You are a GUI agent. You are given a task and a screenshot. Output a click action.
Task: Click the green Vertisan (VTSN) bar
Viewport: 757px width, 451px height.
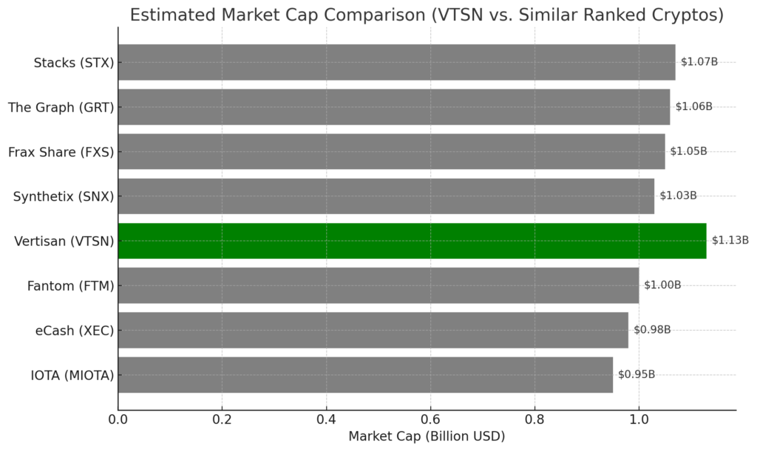click(413, 241)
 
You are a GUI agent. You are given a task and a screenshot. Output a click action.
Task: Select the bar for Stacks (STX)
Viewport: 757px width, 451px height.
click(397, 62)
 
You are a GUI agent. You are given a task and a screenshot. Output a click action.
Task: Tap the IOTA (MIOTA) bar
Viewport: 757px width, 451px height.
click(365, 375)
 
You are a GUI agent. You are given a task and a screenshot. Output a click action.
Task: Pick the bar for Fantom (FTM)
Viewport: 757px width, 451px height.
click(378, 286)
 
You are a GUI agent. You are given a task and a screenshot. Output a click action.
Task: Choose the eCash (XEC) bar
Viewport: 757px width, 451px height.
click(373, 330)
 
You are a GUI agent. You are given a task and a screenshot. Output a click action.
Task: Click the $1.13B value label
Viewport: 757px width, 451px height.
click(730, 240)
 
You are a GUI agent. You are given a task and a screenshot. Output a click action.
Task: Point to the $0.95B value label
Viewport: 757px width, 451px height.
click(637, 374)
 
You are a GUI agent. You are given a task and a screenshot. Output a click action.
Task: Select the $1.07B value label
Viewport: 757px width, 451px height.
click(699, 62)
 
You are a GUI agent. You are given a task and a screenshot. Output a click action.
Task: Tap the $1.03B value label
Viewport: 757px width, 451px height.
click(679, 195)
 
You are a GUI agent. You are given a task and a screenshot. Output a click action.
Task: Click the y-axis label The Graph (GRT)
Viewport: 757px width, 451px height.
click(61, 108)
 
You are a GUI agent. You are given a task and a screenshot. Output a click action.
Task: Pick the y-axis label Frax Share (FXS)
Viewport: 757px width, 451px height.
click(61, 152)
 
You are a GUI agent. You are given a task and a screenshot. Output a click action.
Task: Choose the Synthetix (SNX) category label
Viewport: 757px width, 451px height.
click(64, 196)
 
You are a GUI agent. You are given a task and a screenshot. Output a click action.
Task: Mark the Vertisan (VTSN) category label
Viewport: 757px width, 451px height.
click(64, 241)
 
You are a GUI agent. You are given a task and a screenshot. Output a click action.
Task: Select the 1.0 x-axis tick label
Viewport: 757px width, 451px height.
click(639, 419)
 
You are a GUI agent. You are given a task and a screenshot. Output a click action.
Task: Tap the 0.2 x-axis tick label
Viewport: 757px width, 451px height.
click(222, 419)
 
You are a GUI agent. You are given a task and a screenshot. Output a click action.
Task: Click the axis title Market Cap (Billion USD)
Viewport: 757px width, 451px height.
click(427, 436)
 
